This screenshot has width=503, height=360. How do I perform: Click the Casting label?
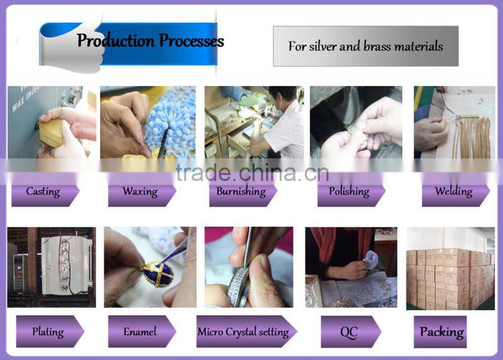point(42,192)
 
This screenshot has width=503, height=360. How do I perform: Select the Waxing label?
point(140,192)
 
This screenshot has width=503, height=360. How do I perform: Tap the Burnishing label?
point(241,192)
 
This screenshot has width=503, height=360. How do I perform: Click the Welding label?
point(453,192)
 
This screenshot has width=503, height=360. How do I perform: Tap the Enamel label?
point(140,332)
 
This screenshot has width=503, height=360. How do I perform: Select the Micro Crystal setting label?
point(243,332)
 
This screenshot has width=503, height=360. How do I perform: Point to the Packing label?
point(441,332)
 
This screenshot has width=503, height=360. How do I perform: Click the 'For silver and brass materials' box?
point(365,46)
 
